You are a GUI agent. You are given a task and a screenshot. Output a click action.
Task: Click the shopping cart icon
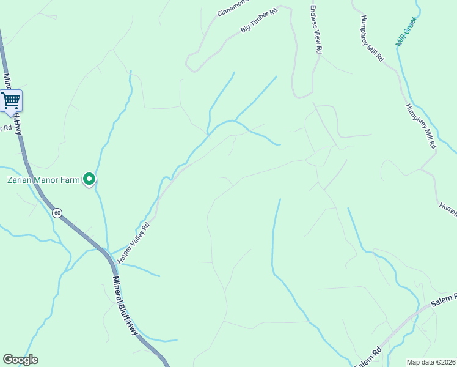(x=11, y=100)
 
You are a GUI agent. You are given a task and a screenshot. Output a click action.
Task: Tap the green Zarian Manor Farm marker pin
(x=89, y=179)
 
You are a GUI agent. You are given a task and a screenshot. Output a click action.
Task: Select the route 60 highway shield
(x=57, y=213)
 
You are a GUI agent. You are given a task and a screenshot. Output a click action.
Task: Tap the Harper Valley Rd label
(x=133, y=243)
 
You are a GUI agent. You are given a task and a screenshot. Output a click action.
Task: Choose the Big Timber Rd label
(x=259, y=20)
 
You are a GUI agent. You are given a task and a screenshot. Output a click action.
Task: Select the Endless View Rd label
(x=315, y=30)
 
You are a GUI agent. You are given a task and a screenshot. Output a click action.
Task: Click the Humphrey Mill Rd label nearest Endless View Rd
(x=371, y=38)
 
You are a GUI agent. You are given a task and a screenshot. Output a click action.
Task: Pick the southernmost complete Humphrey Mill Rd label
(x=421, y=126)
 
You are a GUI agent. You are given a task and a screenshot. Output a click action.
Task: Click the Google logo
(x=20, y=360)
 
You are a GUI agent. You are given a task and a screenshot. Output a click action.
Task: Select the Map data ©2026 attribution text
(x=431, y=362)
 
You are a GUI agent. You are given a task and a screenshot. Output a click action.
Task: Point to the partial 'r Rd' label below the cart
(x=6, y=128)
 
